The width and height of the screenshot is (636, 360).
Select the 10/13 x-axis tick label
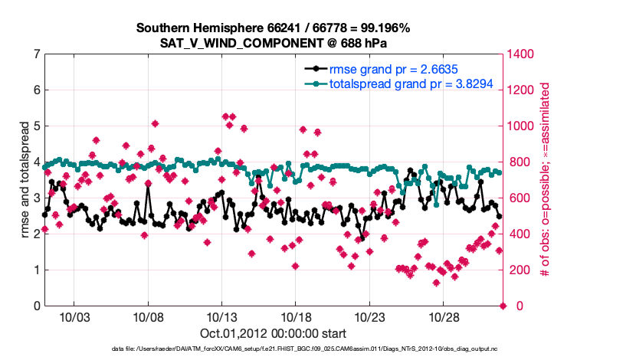[x=221, y=317]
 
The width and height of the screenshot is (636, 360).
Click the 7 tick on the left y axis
[x=37, y=54]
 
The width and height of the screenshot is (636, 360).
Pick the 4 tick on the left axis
[x=37, y=162]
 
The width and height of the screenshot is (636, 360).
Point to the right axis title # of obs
[x=545, y=180]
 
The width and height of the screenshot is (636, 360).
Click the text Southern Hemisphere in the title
[x=200, y=28]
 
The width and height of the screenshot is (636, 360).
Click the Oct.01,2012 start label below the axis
[x=273, y=334]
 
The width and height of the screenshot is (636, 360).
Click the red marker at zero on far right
[x=503, y=306]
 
